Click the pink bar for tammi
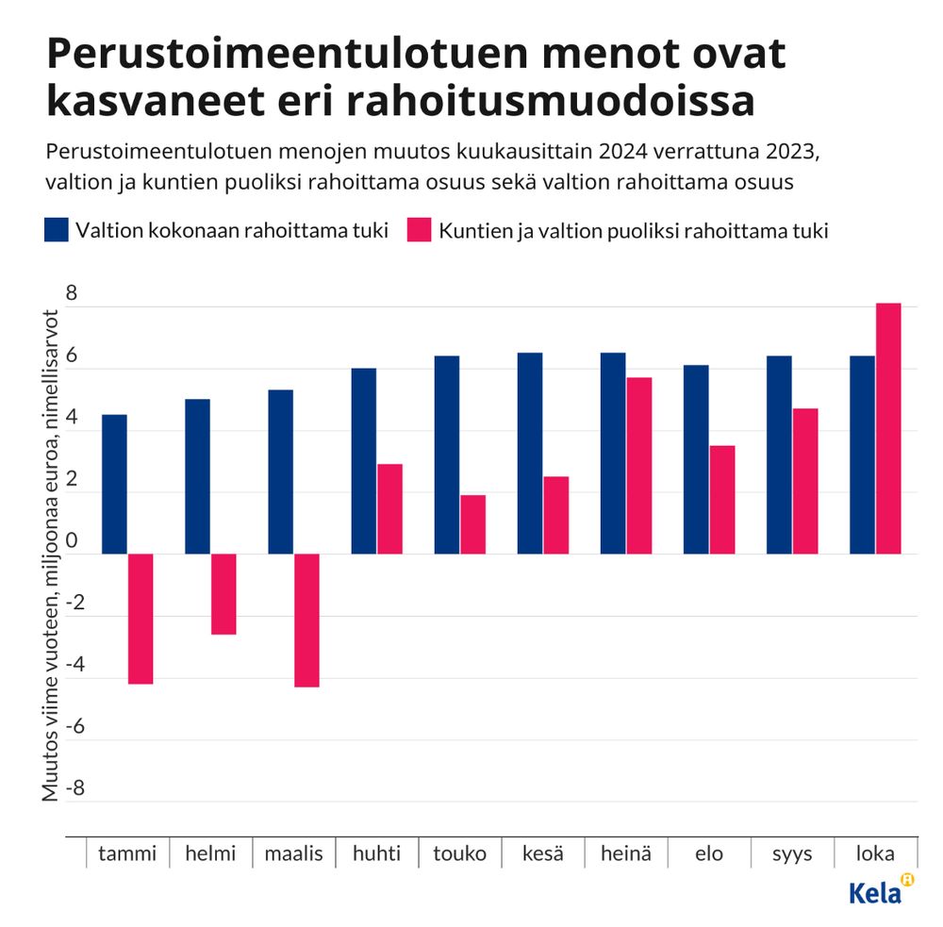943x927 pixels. pyautogui.click(x=141, y=618)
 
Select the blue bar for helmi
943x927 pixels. pyautogui.click(x=197, y=476)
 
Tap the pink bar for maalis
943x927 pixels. pyautogui.click(x=306, y=620)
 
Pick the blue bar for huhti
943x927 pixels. pyautogui.click(x=363, y=460)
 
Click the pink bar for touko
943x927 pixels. pyautogui.click(x=472, y=523)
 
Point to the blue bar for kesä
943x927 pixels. pyautogui.click(x=529, y=453)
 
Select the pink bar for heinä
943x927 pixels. pyautogui.click(x=638, y=465)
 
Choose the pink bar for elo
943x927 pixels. pyautogui.click(x=721, y=499)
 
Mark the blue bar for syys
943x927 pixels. pyautogui.click(x=779, y=455)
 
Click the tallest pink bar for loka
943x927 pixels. pyautogui.click(x=888, y=428)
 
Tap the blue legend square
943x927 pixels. pyautogui.click(x=56, y=230)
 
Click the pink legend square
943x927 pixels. pyautogui.click(x=418, y=230)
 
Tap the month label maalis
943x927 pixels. pyautogui.click(x=293, y=853)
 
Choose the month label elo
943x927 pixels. pyautogui.click(x=708, y=853)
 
